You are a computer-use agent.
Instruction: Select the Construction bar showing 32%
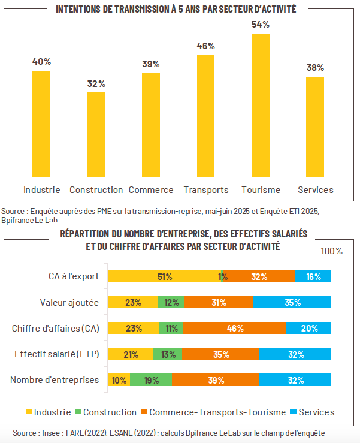click(x=96, y=134)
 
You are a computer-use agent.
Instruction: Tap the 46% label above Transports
click(x=206, y=46)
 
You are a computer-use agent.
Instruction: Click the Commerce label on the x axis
click(x=151, y=190)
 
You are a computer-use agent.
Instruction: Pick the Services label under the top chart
click(x=316, y=190)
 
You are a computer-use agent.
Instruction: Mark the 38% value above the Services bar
click(x=316, y=68)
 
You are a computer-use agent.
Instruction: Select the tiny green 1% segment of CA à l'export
click(x=223, y=276)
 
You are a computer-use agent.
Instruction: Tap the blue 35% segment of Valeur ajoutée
click(x=292, y=302)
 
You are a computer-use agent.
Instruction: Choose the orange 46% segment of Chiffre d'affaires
click(x=234, y=328)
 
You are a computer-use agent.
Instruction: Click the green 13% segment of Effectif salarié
click(x=168, y=354)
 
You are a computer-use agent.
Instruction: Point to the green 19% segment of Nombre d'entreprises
click(x=151, y=379)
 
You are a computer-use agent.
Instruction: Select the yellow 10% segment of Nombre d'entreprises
click(x=118, y=379)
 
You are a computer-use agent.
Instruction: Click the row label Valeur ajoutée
click(x=69, y=302)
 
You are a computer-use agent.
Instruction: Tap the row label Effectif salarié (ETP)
click(x=58, y=354)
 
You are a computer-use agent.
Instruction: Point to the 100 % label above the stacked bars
click(x=332, y=251)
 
